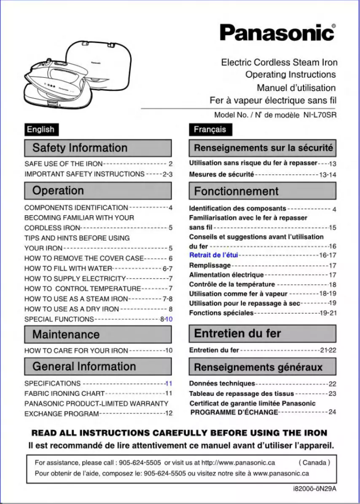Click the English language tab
point(41,129)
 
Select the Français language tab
point(210,129)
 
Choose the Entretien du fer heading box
point(262,334)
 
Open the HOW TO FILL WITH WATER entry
point(68,269)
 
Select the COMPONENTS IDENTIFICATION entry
point(76,208)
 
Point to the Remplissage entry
point(210,265)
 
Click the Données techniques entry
point(222,384)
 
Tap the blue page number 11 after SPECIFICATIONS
point(169,384)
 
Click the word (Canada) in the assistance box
point(314,462)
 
